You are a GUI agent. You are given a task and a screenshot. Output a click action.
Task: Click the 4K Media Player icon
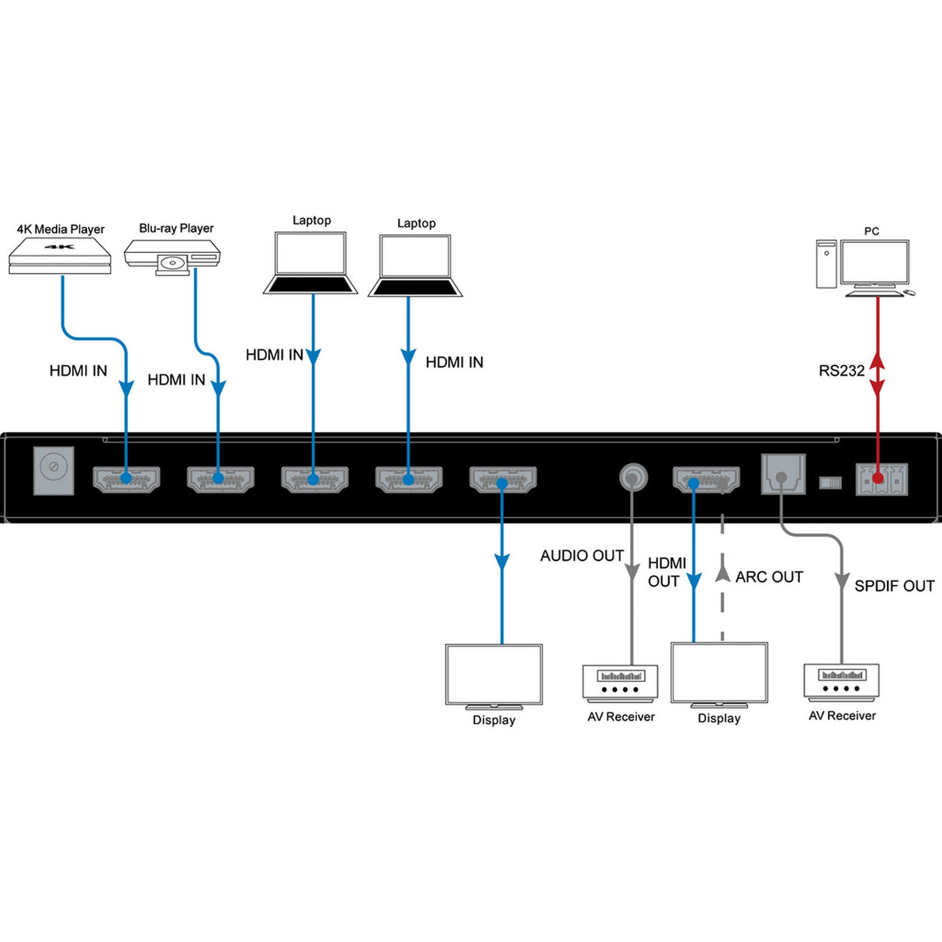[61, 256]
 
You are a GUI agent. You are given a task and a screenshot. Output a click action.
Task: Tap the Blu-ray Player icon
[172, 255]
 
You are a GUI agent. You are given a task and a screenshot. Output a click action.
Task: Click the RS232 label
[841, 371]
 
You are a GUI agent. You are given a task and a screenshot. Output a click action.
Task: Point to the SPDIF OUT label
[894, 586]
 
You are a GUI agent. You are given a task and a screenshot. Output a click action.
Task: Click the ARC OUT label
[768, 577]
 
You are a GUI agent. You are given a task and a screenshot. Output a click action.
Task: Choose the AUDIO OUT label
[581, 556]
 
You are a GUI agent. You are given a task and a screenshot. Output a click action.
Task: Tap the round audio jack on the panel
[633, 476]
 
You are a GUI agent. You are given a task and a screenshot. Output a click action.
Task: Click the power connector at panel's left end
[54, 469]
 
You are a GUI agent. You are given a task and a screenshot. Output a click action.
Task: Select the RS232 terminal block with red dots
[881, 479]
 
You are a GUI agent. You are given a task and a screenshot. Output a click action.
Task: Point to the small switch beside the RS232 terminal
[830, 483]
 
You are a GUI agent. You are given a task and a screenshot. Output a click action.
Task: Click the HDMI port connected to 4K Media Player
[126, 479]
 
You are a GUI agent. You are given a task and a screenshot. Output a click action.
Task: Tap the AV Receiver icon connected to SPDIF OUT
[841, 682]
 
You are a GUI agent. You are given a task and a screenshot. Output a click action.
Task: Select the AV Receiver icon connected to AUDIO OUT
[620, 684]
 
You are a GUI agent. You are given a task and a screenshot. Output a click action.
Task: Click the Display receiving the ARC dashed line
[719, 674]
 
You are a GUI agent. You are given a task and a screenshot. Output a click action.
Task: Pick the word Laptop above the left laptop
[311, 220]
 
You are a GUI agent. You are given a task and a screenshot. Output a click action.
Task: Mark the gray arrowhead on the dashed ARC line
[722, 574]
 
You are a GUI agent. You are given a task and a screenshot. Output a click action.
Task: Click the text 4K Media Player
[61, 229]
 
